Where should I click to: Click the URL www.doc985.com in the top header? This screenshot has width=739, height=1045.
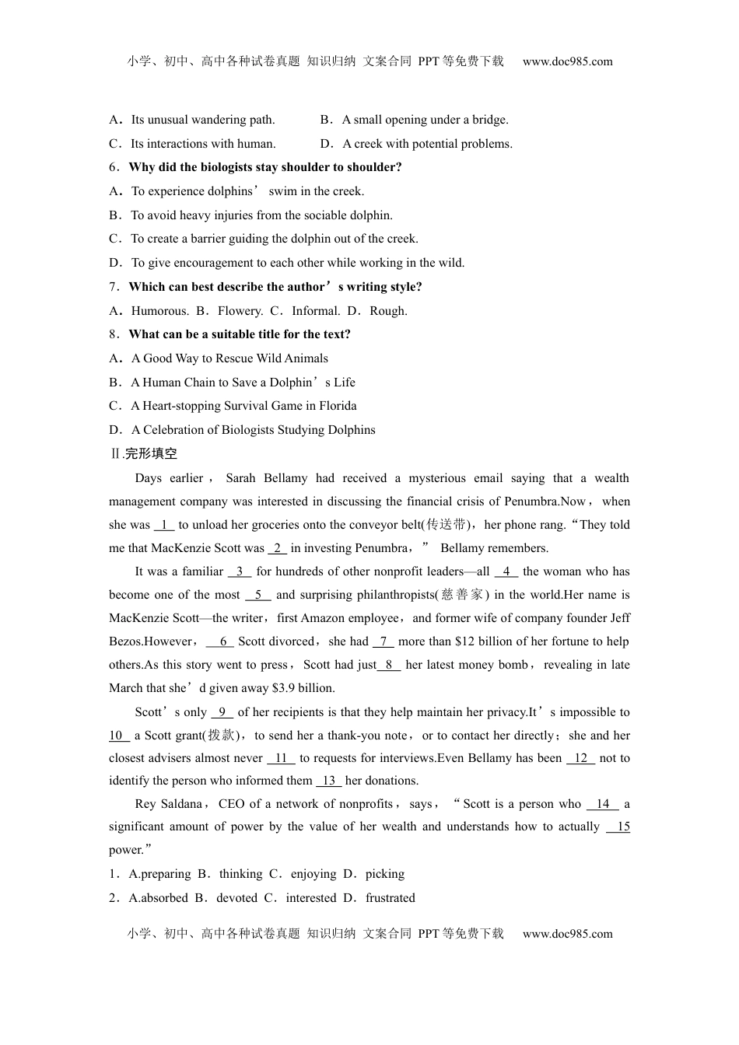pos(567,61)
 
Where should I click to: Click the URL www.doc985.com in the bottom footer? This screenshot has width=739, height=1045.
pos(567,934)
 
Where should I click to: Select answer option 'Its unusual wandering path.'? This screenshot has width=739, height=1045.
pos(202,120)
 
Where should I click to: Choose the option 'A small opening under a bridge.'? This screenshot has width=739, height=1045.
pos(425,120)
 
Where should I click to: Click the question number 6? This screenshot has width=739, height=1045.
pos(113,167)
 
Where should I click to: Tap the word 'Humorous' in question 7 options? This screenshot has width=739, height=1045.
pos(159,311)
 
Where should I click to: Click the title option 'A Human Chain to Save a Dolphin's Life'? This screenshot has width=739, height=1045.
pos(243,383)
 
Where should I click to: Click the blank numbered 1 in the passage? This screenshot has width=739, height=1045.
pos(165,525)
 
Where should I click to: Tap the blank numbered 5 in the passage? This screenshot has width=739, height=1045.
pos(257,595)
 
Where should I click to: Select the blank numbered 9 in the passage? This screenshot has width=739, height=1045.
pos(222,712)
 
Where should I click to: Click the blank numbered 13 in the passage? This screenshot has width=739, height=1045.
pos(328,781)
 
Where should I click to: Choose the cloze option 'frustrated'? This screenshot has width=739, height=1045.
pos(390,898)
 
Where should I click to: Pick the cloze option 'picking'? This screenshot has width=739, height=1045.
pos(384,874)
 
